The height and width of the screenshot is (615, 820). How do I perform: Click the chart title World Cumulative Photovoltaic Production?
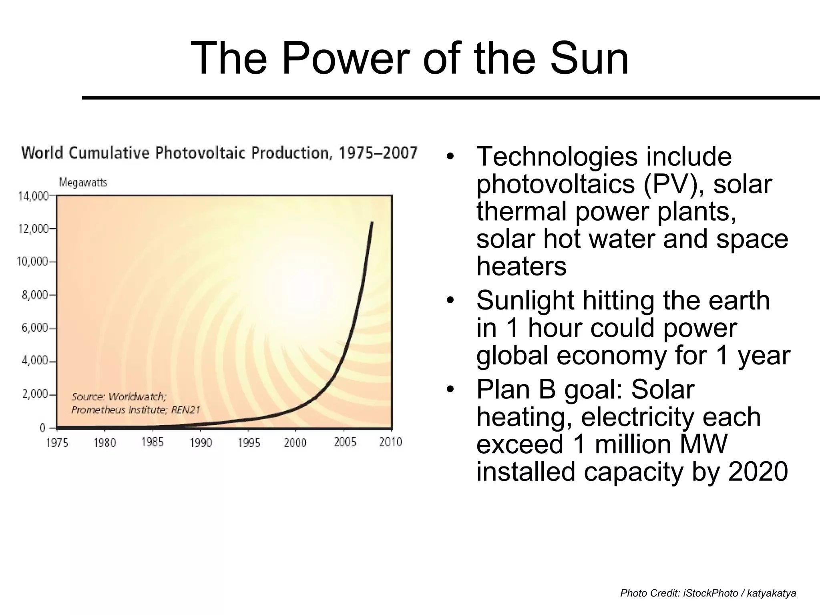coord(219,153)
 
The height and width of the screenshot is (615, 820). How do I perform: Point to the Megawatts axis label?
coord(83,183)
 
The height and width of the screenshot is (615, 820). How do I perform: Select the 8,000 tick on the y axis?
coord(35,295)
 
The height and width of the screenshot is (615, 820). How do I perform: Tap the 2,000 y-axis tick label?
coord(35,394)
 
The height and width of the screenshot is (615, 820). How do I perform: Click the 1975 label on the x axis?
coord(57,443)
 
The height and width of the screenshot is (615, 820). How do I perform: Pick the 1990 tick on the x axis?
coord(201,443)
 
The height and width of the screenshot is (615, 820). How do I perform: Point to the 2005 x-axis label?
coord(345,442)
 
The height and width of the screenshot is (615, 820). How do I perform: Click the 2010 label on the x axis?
coord(390,442)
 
